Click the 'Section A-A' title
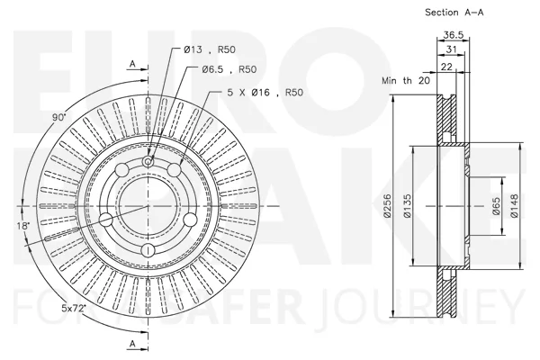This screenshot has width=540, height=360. tap(454, 13)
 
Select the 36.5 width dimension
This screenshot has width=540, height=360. tap(454, 35)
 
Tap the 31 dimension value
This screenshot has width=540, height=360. tap(451, 49)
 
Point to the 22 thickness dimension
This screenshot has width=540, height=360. tap(446, 67)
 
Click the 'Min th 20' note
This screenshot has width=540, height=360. tap(406, 81)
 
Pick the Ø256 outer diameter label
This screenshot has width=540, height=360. tap(387, 206)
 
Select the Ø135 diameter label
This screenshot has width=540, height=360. tap(407, 206)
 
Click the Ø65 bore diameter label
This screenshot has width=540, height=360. tap(496, 206)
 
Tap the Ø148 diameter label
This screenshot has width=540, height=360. tap(514, 206)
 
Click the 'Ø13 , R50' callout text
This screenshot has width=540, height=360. tap(210, 49)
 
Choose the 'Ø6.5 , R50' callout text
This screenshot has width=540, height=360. tap(229, 69)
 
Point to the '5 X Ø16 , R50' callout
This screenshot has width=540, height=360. tap(265, 93)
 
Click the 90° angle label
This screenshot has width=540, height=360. tap(58, 117)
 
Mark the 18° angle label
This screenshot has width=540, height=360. tap(23, 226)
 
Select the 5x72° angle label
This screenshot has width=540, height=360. tap(74, 309)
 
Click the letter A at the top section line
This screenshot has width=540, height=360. tap(132, 64)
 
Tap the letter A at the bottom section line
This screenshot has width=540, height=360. tap(132, 343)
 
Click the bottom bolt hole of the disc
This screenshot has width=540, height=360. tap(148, 250)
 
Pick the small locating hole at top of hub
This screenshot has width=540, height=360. tap(148, 161)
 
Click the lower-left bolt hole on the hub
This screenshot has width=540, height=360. tap(106, 220)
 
